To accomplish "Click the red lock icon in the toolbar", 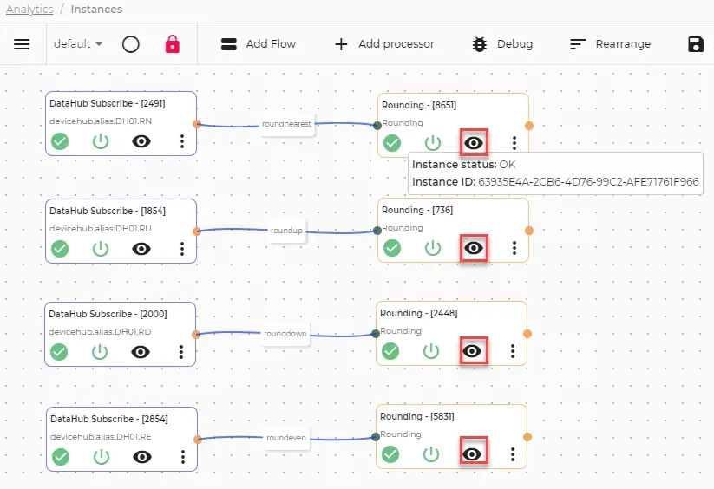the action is pyautogui.click(x=172, y=44).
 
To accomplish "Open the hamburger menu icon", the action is pyautogui.click(x=22, y=44).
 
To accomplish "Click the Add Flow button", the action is pyautogui.click(x=259, y=44).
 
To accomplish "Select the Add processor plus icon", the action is pyautogui.click(x=341, y=44).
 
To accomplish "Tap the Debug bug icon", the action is pyautogui.click(x=480, y=44).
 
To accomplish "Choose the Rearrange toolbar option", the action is pyautogui.click(x=610, y=44).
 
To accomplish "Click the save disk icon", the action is pyautogui.click(x=696, y=44).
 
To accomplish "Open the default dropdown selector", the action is pyautogui.click(x=78, y=44).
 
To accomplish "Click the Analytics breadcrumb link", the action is pyautogui.click(x=29, y=9).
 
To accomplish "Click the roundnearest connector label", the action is pyautogui.click(x=286, y=124).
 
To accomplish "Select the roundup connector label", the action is pyautogui.click(x=286, y=231).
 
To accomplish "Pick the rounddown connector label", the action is pyautogui.click(x=285, y=334).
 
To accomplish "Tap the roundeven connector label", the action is pyautogui.click(x=286, y=438).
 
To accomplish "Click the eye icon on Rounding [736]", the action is pyautogui.click(x=474, y=248).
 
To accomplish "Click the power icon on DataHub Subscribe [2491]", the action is pyautogui.click(x=101, y=141).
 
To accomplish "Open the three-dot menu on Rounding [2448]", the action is pyautogui.click(x=513, y=351).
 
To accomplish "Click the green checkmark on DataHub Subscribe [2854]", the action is pyautogui.click(x=61, y=457).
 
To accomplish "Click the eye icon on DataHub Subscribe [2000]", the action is pyautogui.click(x=141, y=352).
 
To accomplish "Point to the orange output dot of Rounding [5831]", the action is pyautogui.click(x=527, y=437).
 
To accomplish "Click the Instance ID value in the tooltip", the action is pyautogui.click(x=588, y=182).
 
